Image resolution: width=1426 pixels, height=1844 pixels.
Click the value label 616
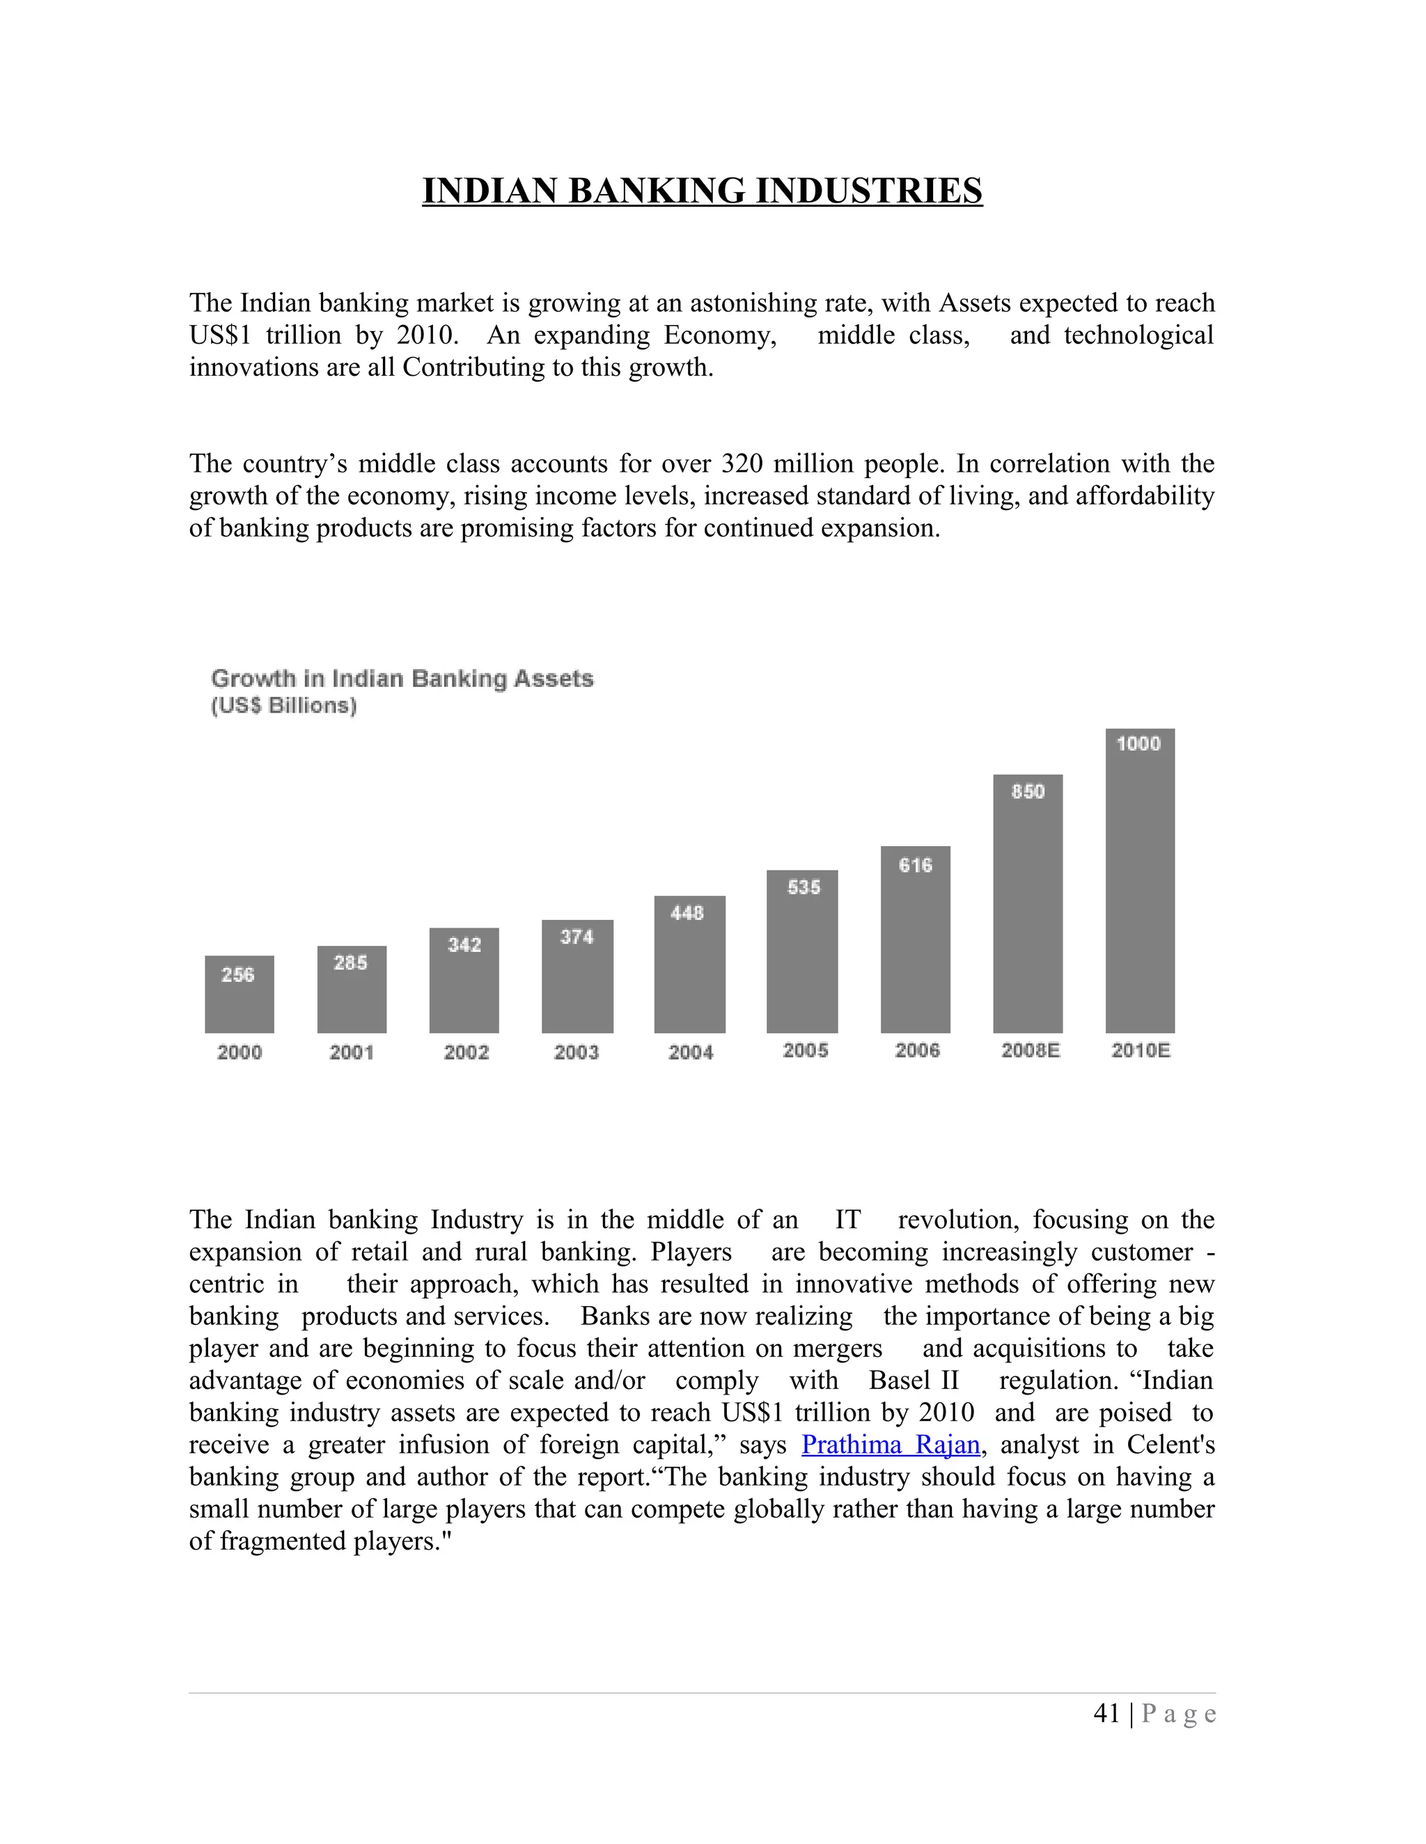(x=915, y=866)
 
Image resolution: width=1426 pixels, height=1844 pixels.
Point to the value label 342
(x=464, y=945)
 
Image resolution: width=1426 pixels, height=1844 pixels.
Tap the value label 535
(x=804, y=887)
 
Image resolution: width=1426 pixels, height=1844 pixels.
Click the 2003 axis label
(x=576, y=1052)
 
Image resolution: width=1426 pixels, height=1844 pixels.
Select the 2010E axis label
(x=1141, y=1050)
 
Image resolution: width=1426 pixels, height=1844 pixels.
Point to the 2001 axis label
(x=352, y=1052)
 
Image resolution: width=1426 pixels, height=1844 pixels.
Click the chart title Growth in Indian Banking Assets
(x=402, y=679)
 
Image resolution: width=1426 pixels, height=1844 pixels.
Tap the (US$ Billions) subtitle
(x=284, y=706)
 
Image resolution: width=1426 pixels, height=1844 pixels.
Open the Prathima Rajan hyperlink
(x=891, y=1445)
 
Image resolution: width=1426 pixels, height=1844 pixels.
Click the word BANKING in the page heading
(x=657, y=191)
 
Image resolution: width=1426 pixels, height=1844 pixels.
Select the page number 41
(x=1106, y=1713)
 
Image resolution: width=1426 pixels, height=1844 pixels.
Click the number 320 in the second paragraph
(x=742, y=463)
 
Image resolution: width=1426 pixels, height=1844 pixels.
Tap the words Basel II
(x=914, y=1381)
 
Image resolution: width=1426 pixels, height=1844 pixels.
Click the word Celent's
(x=1170, y=1445)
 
